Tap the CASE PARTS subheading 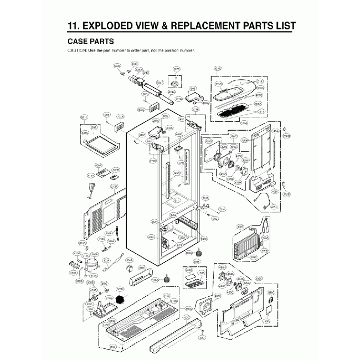(x=91, y=41)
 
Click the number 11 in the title (x=73, y=25)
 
